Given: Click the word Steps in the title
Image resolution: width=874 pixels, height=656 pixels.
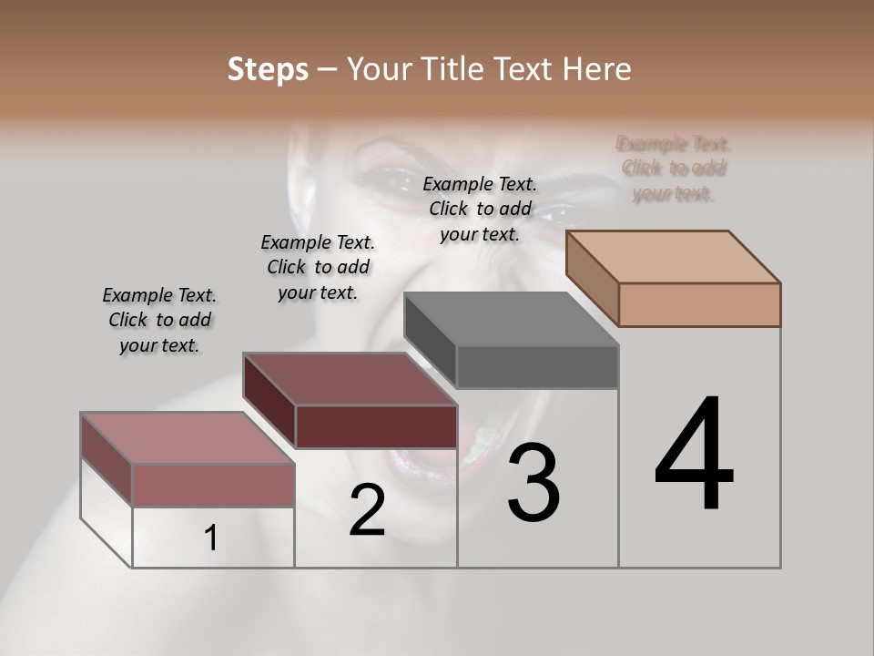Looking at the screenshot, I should click(x=268, y=69).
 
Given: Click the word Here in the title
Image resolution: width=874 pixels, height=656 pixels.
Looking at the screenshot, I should click(x=597, y=69).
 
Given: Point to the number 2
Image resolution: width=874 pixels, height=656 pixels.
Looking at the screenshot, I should click(x=367, y=510).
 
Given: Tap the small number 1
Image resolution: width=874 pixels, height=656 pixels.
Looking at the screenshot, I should click(x=211, y=538).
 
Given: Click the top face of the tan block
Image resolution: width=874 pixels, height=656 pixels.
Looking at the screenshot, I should click(x=674, y=257).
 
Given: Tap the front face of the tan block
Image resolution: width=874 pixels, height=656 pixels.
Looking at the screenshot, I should click(x=699, y=304).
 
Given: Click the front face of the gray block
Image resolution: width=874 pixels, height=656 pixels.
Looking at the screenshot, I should click(x=537, y=366).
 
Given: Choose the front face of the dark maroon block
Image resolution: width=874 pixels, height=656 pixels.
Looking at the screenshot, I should click(x=376, y=426).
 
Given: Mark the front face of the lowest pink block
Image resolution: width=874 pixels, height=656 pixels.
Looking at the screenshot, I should click(x=213, y=485).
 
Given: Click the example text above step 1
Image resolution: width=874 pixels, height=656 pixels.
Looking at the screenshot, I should click(x=159, y=320).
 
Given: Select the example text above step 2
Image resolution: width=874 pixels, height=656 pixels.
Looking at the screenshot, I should click(x=318, y=267).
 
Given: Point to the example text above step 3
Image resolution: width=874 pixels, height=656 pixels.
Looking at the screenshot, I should click(x=480, y=209).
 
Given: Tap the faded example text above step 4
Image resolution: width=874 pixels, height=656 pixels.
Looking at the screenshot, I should click(x=674, y=169).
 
